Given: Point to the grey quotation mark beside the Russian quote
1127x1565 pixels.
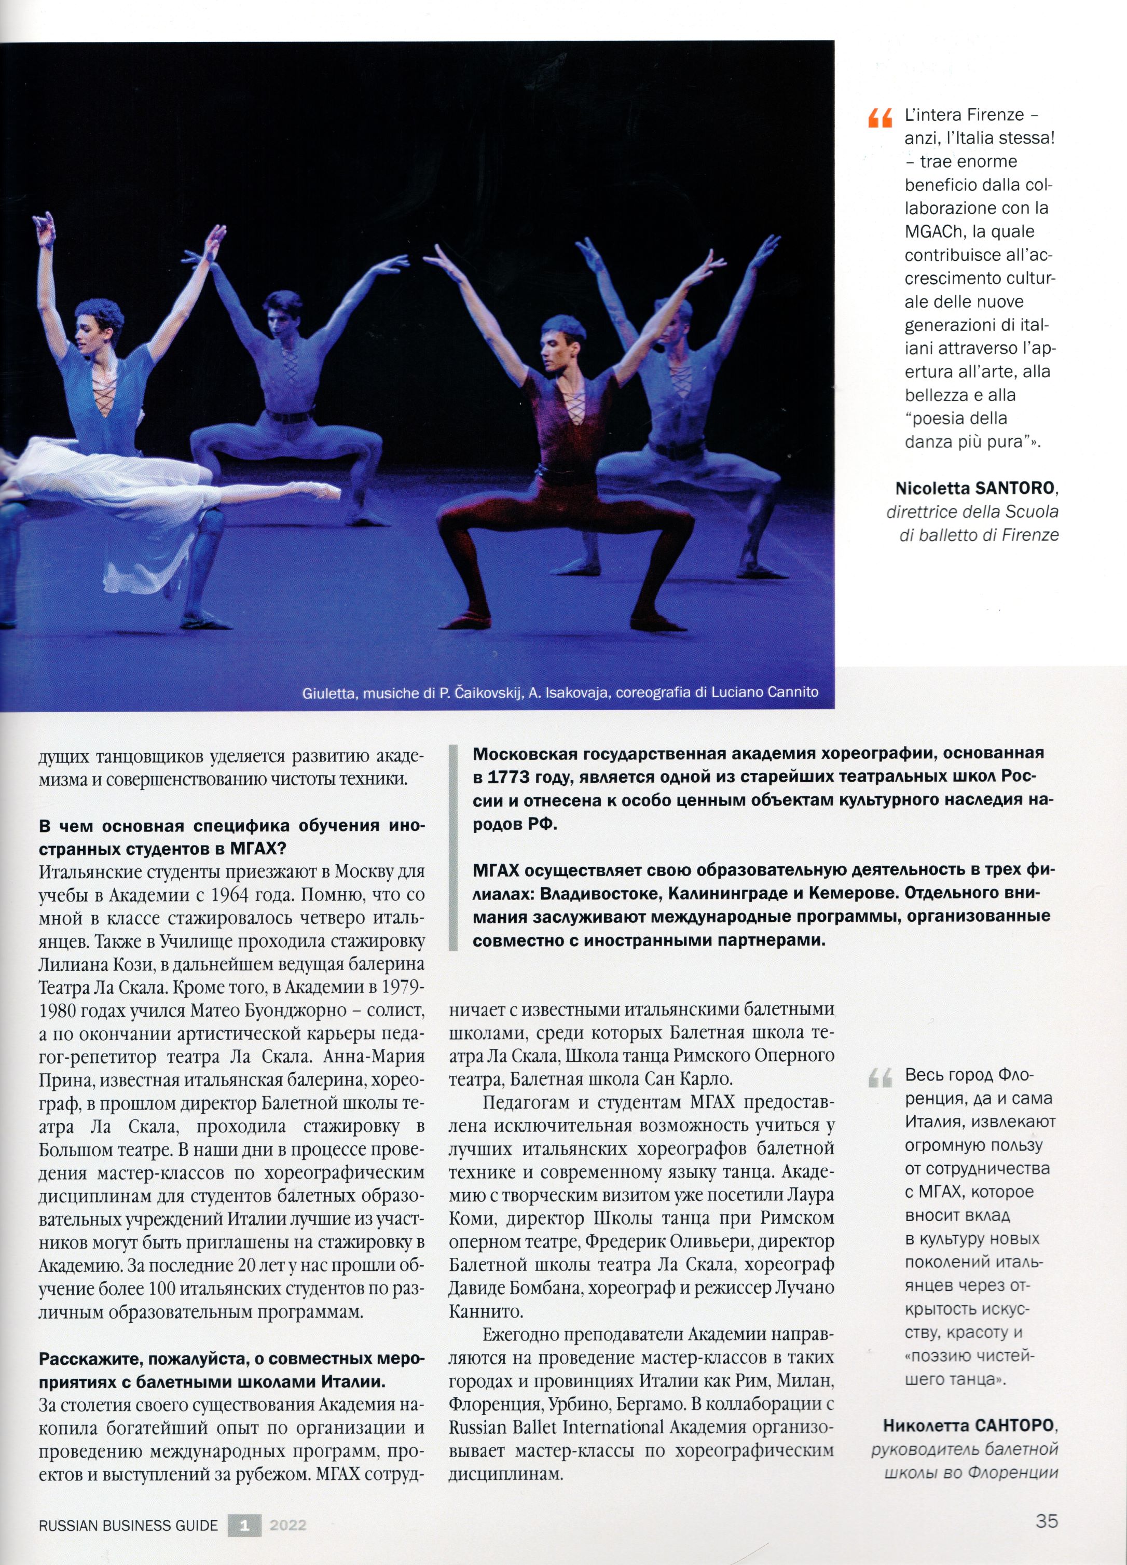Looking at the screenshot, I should click(x=880, y=1077).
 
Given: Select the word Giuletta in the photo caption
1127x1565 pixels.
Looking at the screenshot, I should click(x=328, y=693).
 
